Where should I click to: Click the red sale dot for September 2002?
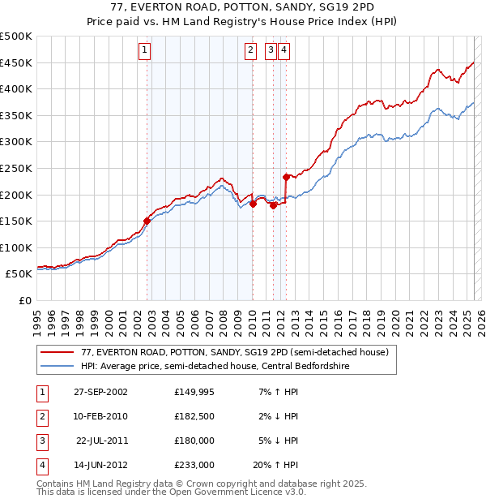pos(147,220)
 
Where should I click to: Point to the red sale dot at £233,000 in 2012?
pos(286,176)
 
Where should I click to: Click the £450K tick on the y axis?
pos(16,62)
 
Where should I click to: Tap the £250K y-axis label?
pos(16,168)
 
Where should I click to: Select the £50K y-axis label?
pos(19,274)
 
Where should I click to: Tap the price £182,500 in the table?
pos(194,416)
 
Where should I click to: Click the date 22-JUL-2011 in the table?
pos(102,441)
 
